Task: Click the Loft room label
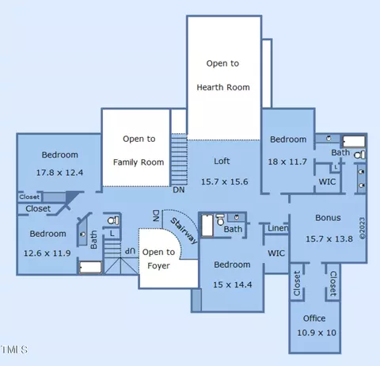pyautogui.click(x=222, y=161)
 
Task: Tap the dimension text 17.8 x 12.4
pyautogui.click(x=59, y=173)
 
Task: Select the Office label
pyautogui.click(x=314, y=318)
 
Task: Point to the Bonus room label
pyautogui.click(x=328, y=218)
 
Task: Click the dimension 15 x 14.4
pyautogui.click(x=233, y=284)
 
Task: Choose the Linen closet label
pyautogui.click(x=278, y=228)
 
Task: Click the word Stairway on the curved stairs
pyautogui.click(x=184, y=231)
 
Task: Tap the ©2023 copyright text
pyautogui.click(x=362, y=228)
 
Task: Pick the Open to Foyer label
pyautogui.click(x=158, y=259)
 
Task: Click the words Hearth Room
pyautogui.click(x=223, y=87)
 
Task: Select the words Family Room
pyautogui.click(x=139, y=162)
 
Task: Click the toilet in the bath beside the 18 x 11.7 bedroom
pyautogui.click(x=359, y=155)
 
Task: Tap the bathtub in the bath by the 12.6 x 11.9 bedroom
pyautogui.click(x=90, y=267)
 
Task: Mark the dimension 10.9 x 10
pyautogui.click(x=317, y=333)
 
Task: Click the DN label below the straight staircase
pyautogui.click(x=179, y=190)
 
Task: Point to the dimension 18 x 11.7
pyautogui.click(x=287, y=162)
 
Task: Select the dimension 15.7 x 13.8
pyautogui.click(x=329, y=239)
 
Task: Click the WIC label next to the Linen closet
pyautogui.click(x=276, y=254)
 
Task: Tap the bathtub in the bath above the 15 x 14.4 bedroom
pyautogui.click(x=207, y=226)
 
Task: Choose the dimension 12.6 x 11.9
pyautogui.click(x=47, y=254)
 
